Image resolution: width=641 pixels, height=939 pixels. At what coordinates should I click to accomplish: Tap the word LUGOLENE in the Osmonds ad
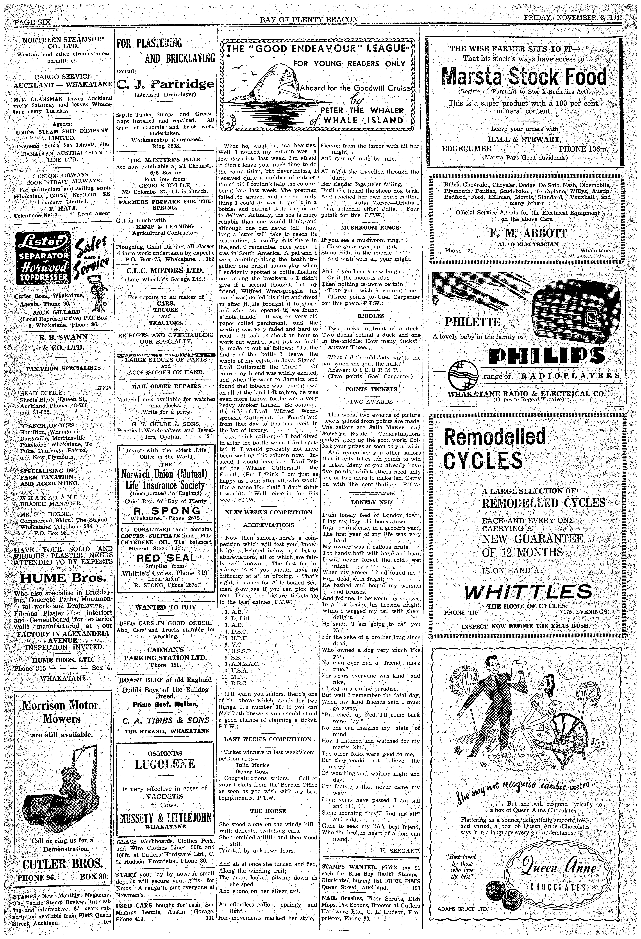[x=165, y=764]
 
